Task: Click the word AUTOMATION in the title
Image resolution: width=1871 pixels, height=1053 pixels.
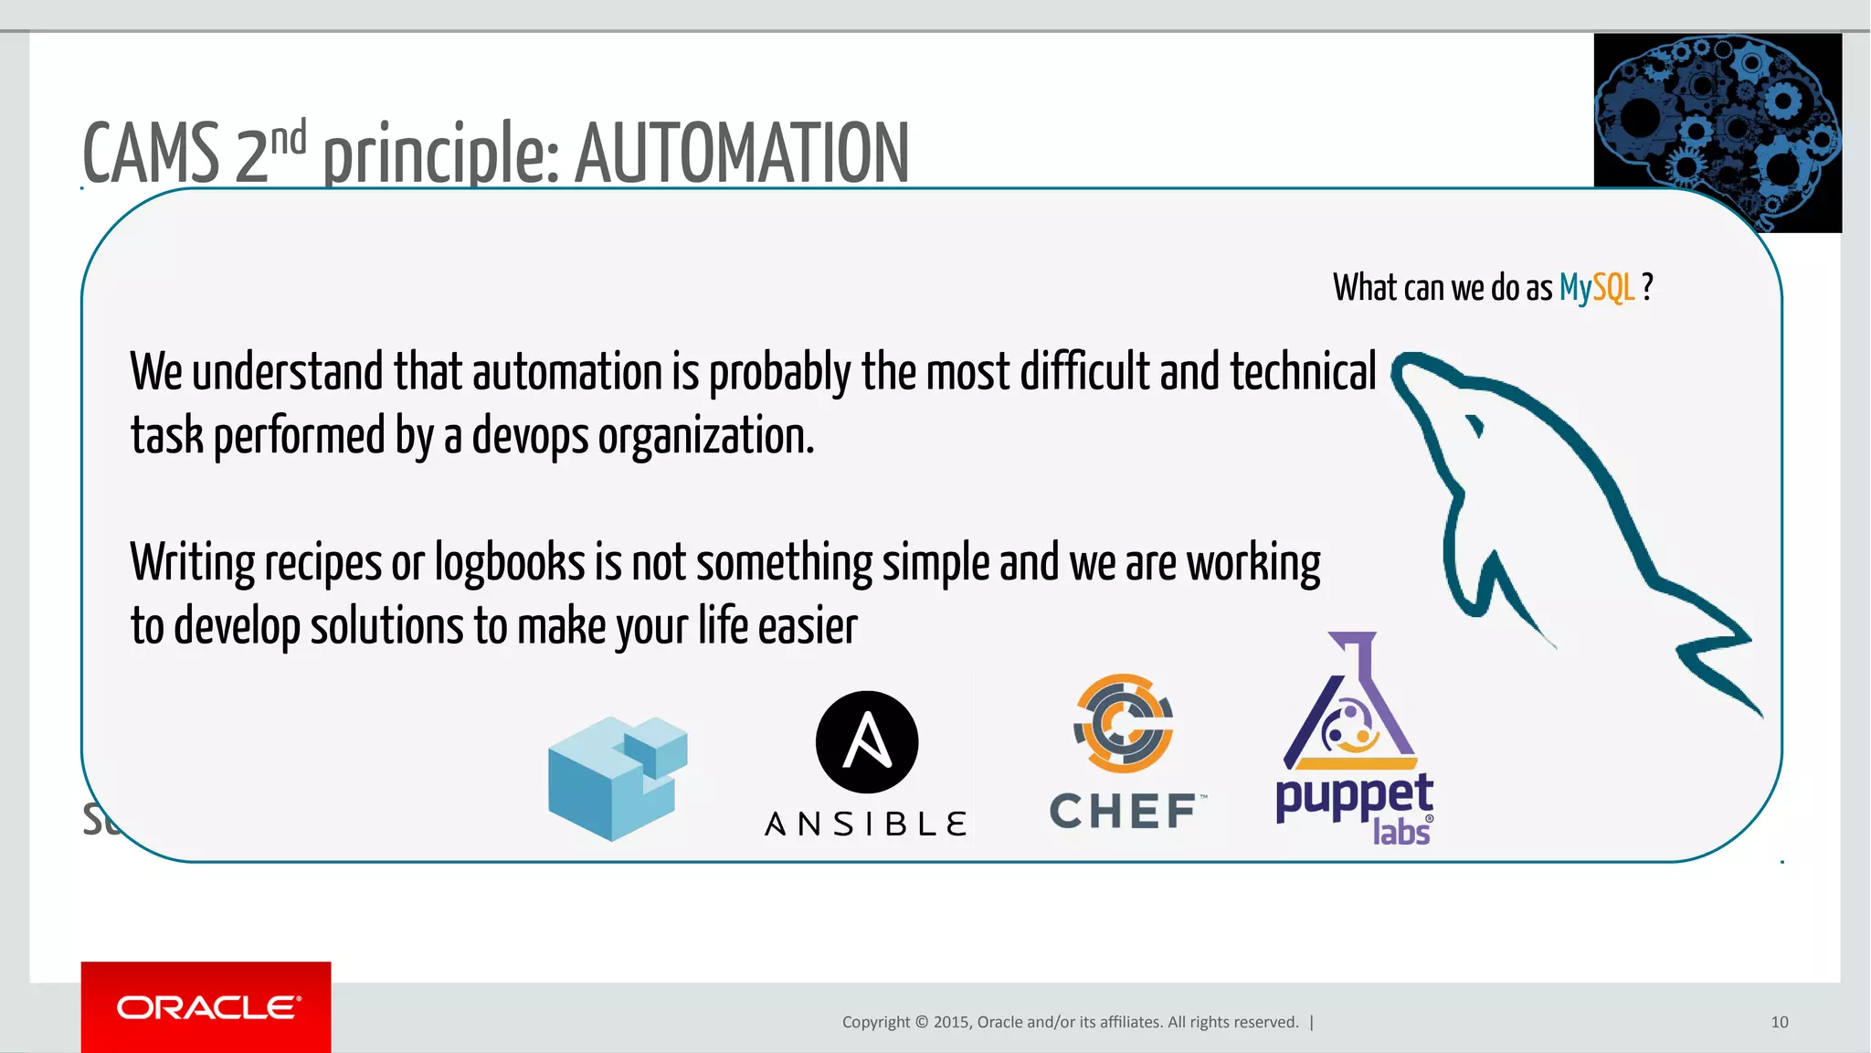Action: (x=741, y=153)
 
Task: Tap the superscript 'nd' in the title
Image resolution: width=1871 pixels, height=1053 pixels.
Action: (x=288, y=138)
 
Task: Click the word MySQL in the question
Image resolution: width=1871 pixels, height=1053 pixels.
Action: (x=1596, y=288)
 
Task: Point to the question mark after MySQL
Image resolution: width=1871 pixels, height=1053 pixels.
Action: (x=1647, y=287)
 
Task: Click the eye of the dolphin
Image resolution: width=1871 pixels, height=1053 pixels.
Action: (x=1473, y=426)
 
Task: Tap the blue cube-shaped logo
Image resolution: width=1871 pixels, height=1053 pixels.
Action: (x=617, y=777)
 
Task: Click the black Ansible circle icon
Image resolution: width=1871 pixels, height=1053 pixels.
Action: (x=866, y=741)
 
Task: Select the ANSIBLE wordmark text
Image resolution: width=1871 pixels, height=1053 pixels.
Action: (x=866, y=824)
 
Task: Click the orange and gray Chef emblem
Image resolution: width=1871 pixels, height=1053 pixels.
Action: (x=1123, y=723)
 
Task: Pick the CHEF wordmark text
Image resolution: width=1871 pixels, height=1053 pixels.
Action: (x=1125, y=812)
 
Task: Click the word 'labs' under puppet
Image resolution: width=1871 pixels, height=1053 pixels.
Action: (x=1401, y=832)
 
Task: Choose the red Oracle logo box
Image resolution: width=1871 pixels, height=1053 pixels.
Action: (x=206, y=1006)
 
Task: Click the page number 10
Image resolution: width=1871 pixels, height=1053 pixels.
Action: (x=1779, y=1022)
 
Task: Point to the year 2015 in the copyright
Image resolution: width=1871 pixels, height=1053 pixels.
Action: (x=952, y=1022)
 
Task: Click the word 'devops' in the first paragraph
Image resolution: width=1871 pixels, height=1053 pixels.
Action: (x=530, y=436)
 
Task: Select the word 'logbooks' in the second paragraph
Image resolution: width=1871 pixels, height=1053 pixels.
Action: (x=509, y=562)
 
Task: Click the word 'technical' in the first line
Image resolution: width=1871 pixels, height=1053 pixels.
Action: (x=1303, y=372)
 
